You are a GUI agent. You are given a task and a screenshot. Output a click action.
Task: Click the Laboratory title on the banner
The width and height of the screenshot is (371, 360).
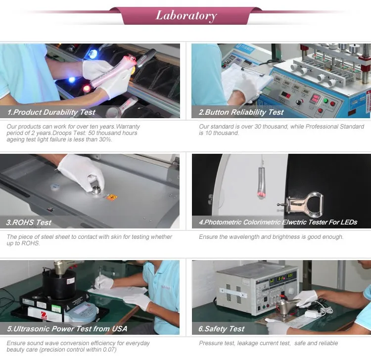(186, 16)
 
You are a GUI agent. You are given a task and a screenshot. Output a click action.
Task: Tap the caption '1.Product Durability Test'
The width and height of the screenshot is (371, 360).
(51, 112)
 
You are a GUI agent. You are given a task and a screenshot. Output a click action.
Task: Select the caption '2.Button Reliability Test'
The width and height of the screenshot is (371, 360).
(241, 112)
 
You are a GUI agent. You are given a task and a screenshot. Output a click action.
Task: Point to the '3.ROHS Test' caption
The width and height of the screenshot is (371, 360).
(29, 223)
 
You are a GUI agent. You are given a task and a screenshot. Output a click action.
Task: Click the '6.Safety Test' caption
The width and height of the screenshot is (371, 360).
(221, 329)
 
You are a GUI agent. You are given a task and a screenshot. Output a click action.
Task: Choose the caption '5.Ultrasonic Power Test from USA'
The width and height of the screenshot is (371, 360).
(67, 329)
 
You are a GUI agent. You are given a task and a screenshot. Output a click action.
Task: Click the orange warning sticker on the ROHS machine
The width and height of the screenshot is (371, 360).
(112, 197)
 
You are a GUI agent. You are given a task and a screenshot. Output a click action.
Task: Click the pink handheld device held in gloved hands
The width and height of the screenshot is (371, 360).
(111, 72)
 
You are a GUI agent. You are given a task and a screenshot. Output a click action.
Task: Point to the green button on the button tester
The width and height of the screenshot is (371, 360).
(325, 101)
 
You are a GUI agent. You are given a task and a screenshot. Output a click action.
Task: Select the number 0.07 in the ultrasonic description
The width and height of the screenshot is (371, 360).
(109, 350)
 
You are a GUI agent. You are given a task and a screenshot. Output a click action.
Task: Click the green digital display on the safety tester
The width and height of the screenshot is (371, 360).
(281, 278)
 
